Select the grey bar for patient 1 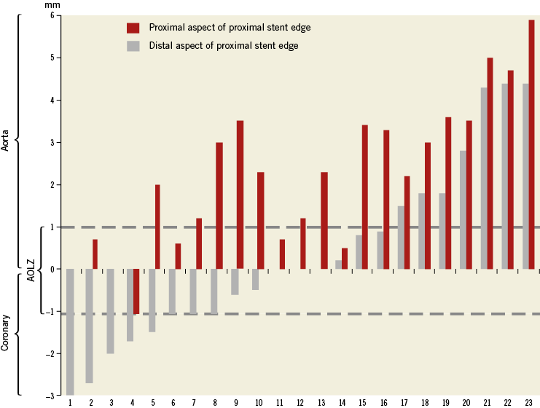pyautogui.click(x=70, y=331)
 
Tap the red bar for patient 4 pyautogui.click(x=136, y=291)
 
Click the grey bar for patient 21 pyautogui.click(x=484, y=178)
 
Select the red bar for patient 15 pyautogui.click(x=365, y=197)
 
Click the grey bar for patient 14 pyautogui.click(x=338, y=264)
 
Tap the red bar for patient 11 pyautogui.click(x=282, y=254)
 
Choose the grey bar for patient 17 pyautogui.click(x=401, y=238)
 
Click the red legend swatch pyautogui.click(x=133, y=28)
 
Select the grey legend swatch pyautogui.click(x=133, y=46)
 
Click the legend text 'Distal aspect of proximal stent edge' pyautogui.click(x=224, y=46)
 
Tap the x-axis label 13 pyautogui.click(x=324, y=402)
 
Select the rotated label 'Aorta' pyautogui.click(x=6, y=138)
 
